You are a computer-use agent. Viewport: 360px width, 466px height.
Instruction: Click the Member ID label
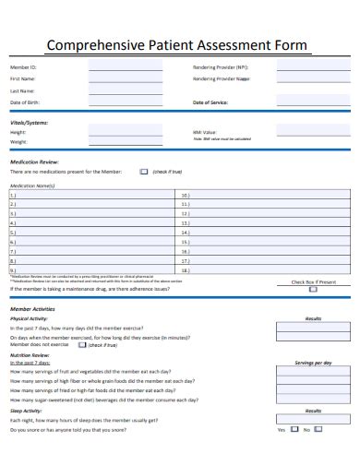click(x=23, y=67)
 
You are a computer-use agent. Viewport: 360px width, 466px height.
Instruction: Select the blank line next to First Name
click(x=125, y=79)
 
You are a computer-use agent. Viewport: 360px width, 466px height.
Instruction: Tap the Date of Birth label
click(x=25, y=102)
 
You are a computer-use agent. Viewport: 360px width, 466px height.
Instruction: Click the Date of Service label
click(x=210, y=102)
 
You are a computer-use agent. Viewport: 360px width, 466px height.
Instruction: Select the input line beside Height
click(x=125, y=132)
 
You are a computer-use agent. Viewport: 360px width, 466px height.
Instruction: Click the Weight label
click(x=19, y=142)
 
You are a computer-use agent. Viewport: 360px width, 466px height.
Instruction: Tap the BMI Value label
click(x=205, y=132)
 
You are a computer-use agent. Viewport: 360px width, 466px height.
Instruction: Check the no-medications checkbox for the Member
click(x=143, y=171)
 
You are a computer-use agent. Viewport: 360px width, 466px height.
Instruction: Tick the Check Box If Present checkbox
click(x=314, y=289)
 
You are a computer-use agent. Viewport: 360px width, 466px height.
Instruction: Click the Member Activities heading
click(x=32, y=308)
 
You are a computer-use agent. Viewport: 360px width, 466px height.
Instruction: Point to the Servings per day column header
click(x=313, y=363)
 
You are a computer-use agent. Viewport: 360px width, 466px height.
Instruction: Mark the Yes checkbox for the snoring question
click(x=293, y=430)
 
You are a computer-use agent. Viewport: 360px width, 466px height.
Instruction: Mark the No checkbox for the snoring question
click(x=325, y=430)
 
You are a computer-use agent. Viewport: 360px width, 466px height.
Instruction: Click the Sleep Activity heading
click(x=25, y=411)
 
